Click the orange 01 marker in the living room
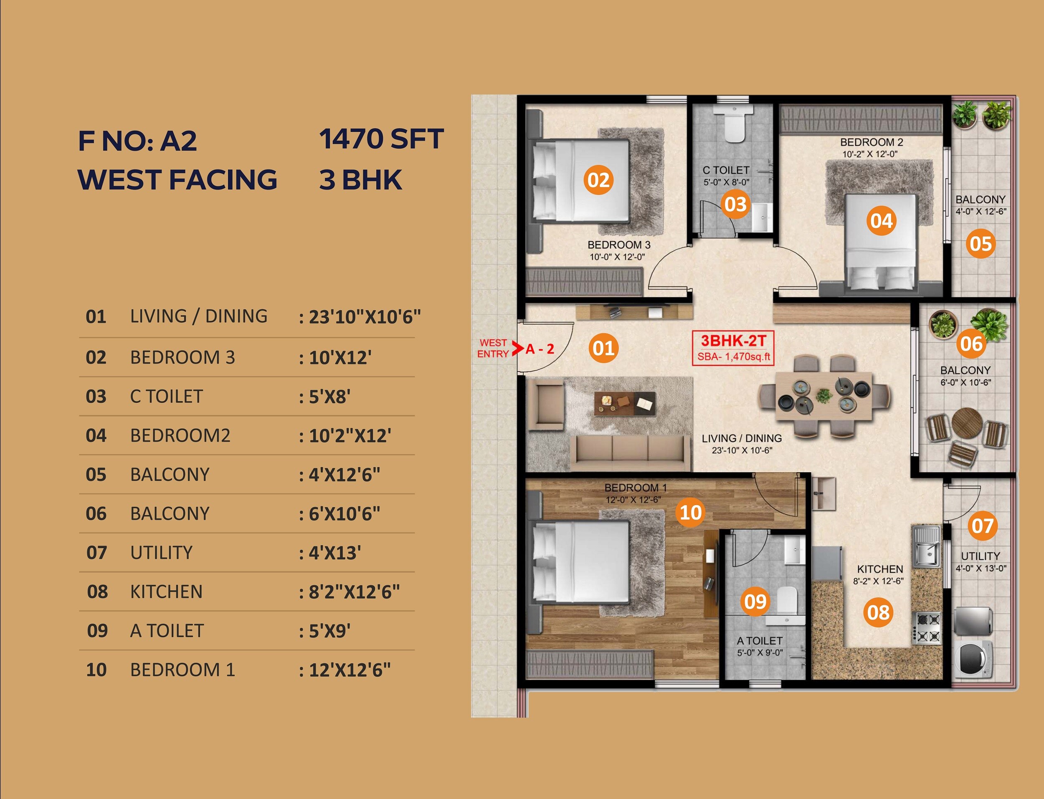click(x=603, y=348)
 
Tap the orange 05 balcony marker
click(x=981, y=243)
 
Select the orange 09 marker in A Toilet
click(x=755, y=602)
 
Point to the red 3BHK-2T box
click(x=733, y=348)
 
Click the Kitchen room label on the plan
click(x=879, y=569)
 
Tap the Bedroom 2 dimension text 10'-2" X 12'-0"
click(x=870, y=154)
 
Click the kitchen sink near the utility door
click(x=925, y=546)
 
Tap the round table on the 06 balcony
click(x=967, y=422)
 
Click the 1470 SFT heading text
click(x=381, y=139)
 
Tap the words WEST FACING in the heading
click(x=177, y=180)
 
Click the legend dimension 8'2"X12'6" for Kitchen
click(x=355, y=592)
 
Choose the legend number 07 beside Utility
click(x=96, y=553)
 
